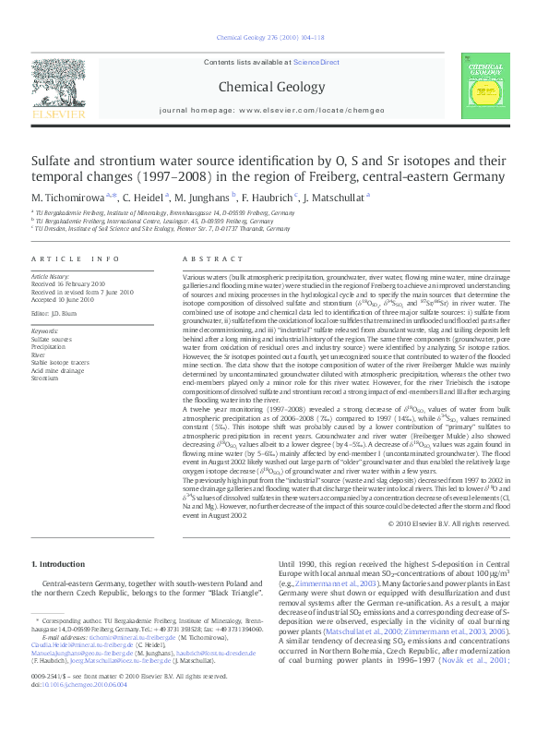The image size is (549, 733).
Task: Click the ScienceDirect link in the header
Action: click(316, 62)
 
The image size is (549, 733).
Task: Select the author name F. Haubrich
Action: click(269, 197)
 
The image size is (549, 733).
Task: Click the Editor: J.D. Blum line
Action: click(57, 312)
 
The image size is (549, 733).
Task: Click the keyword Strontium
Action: click(45, 378)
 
